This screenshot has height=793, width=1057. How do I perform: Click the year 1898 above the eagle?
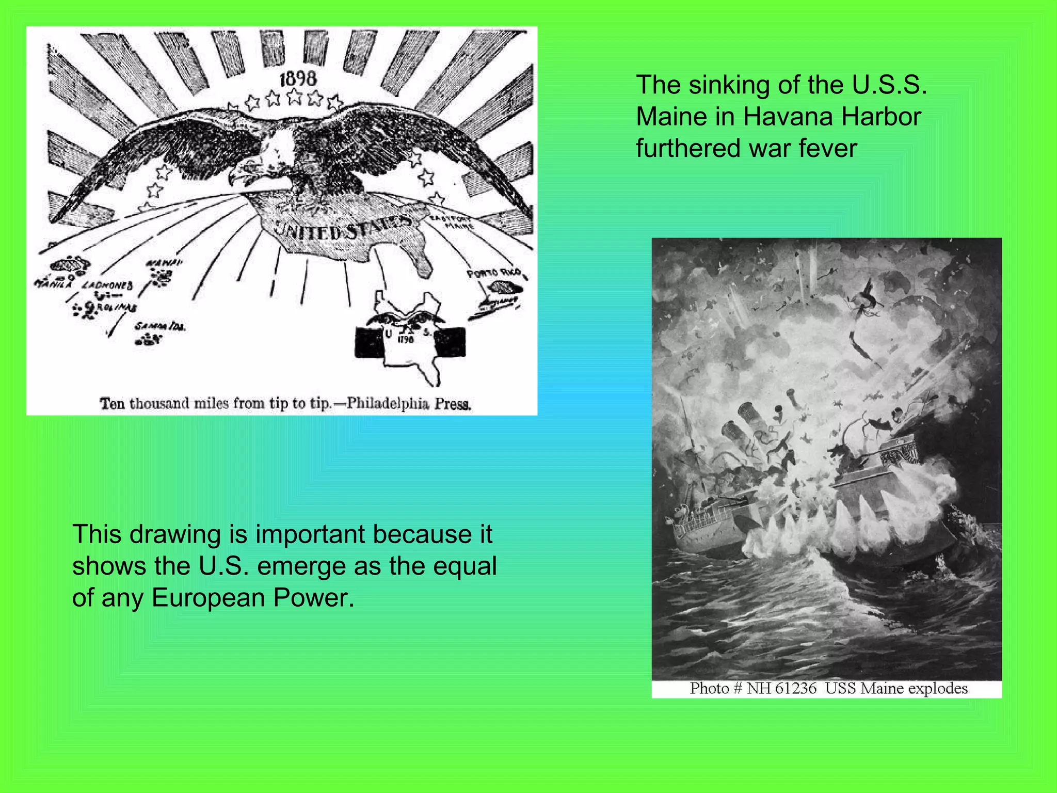298,79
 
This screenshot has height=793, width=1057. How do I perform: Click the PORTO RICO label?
494,273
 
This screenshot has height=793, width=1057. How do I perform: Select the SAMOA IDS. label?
161,326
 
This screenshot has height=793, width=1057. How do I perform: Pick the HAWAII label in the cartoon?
164,263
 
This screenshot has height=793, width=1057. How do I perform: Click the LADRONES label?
108,285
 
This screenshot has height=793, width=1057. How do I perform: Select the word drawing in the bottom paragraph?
175,534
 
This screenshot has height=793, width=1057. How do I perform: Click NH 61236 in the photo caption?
781,689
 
